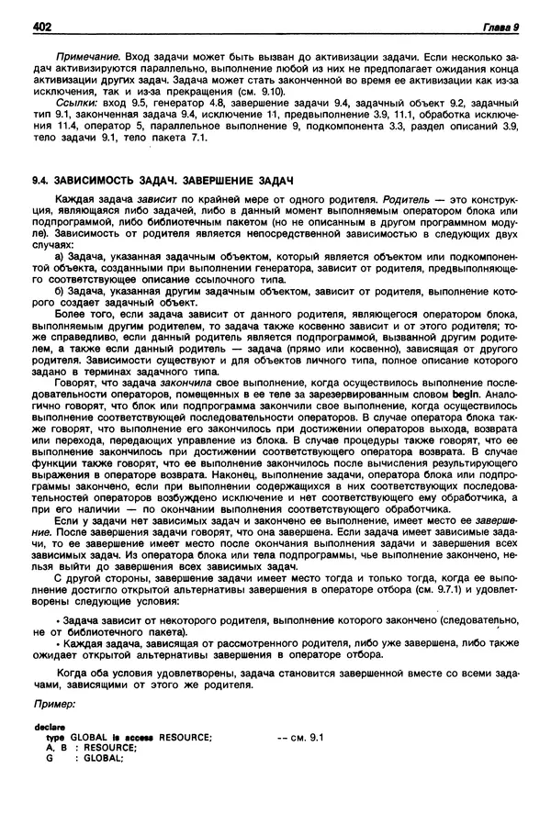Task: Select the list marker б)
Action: click(x=61, y=292)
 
